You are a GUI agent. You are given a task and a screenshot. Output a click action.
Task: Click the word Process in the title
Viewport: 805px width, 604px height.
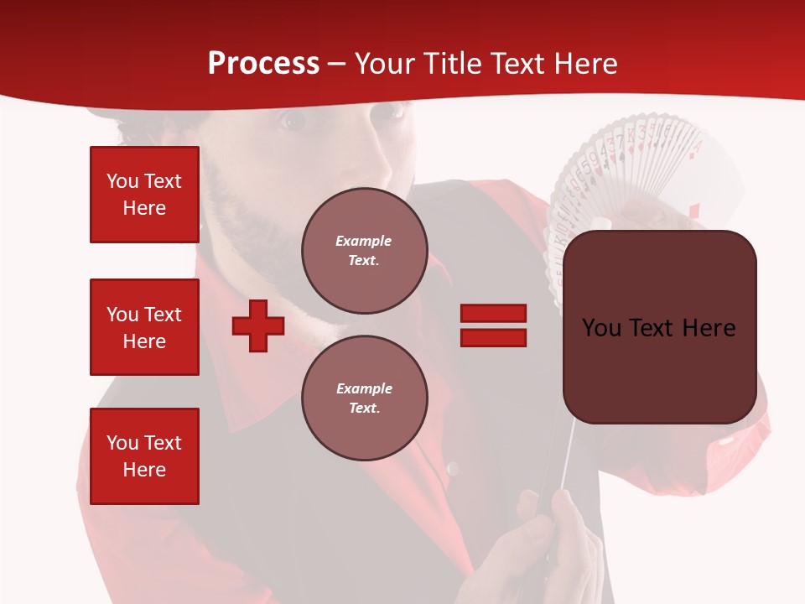pos(263,64)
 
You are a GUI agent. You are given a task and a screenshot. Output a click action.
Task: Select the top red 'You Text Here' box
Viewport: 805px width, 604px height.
pos(144,195)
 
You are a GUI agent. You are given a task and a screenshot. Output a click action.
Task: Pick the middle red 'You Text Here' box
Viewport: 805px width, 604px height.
pos(144,327)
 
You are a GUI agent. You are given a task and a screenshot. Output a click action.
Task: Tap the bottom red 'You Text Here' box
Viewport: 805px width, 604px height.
pos(144,456)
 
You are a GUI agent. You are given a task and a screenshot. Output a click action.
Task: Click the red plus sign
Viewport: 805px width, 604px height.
pos(258,325)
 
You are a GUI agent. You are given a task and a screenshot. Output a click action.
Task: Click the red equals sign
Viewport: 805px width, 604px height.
pos(493,325)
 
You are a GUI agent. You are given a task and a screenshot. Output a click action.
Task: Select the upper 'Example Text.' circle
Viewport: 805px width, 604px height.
pos(364,251)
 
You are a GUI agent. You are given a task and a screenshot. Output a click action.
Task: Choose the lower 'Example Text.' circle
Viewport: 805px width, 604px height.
pos(364,398)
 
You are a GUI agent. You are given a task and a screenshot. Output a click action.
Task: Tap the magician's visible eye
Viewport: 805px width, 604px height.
pos(293,122)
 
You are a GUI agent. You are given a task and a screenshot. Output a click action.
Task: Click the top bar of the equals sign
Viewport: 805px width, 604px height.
pos(493,313)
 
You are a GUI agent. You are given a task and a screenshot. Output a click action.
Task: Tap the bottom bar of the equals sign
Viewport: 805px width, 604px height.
pos(493,337)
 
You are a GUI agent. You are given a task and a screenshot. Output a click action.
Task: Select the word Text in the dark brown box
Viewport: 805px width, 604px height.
pos(659,328)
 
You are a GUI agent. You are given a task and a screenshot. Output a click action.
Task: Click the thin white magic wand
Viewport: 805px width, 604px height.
pos(567,453)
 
